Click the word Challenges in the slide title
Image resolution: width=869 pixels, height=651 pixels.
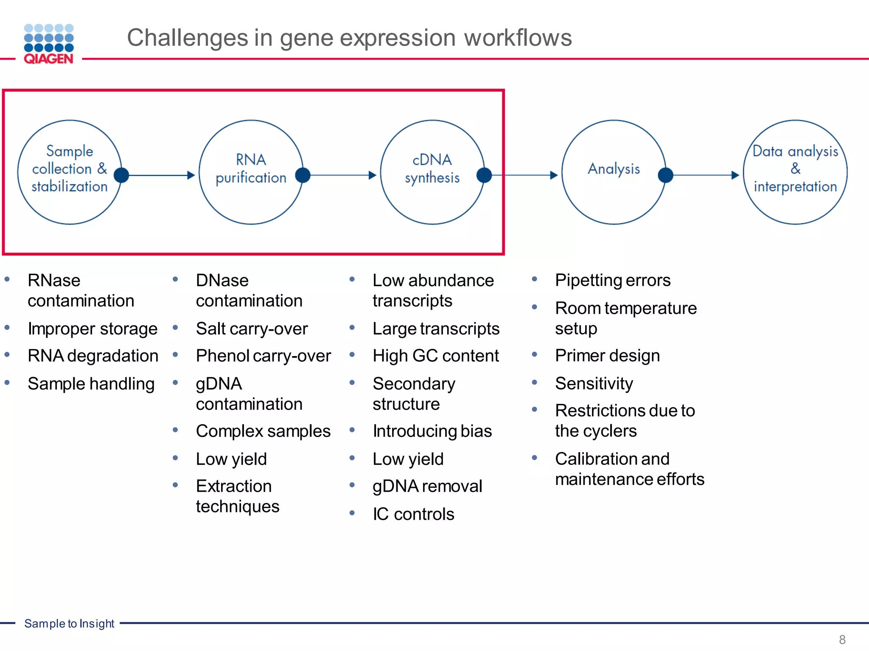(x=187, y=38)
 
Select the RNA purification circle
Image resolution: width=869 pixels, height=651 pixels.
(x=251, y=172)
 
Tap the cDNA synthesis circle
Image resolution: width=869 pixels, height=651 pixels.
(x=432, y=172)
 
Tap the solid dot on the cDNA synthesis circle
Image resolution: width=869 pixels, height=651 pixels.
(x=484, y=175)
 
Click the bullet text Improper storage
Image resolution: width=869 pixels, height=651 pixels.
(x=93, y=329)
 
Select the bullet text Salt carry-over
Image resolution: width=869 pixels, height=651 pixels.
(x=252, y=329)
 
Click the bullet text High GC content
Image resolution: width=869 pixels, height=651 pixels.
(x=435, y=356)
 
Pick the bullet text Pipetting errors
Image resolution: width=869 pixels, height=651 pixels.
(x=612, y=281)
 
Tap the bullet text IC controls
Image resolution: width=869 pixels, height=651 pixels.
(x=413, y=514)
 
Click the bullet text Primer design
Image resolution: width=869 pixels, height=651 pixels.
(x=607, y=356)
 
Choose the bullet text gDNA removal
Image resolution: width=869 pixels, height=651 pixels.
(x=427, y=487)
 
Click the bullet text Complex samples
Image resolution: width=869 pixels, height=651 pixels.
(x=263, y=431)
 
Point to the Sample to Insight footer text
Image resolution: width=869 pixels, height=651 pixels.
(x=69, y=623)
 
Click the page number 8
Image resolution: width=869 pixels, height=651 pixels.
(x=842, y=640)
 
